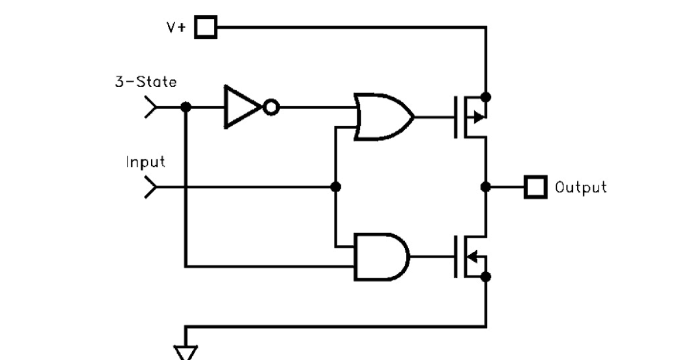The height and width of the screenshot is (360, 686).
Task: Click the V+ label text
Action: pos(176,27)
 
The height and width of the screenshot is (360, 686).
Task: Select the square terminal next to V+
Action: pos(206,27)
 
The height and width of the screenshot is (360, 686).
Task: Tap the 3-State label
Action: pos(146,82)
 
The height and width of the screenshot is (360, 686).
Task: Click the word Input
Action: pos(145,162)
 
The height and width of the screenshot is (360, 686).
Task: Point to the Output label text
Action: pos(580,187)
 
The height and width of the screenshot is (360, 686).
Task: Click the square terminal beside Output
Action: pos(536,187)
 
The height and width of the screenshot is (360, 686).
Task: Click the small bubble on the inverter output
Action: pos(271,107)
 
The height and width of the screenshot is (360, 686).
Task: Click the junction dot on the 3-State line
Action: pos(185,107)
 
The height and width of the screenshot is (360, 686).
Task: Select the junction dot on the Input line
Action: pos(336,187)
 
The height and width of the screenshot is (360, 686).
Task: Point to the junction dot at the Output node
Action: pos(486,187)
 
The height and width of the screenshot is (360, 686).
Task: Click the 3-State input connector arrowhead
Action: pos(150,107)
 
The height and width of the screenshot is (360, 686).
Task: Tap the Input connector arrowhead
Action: pos(150,187)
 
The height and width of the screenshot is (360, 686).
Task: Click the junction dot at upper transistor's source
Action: pos(486,95)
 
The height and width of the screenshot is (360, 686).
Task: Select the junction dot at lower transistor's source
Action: pos(486,277)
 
